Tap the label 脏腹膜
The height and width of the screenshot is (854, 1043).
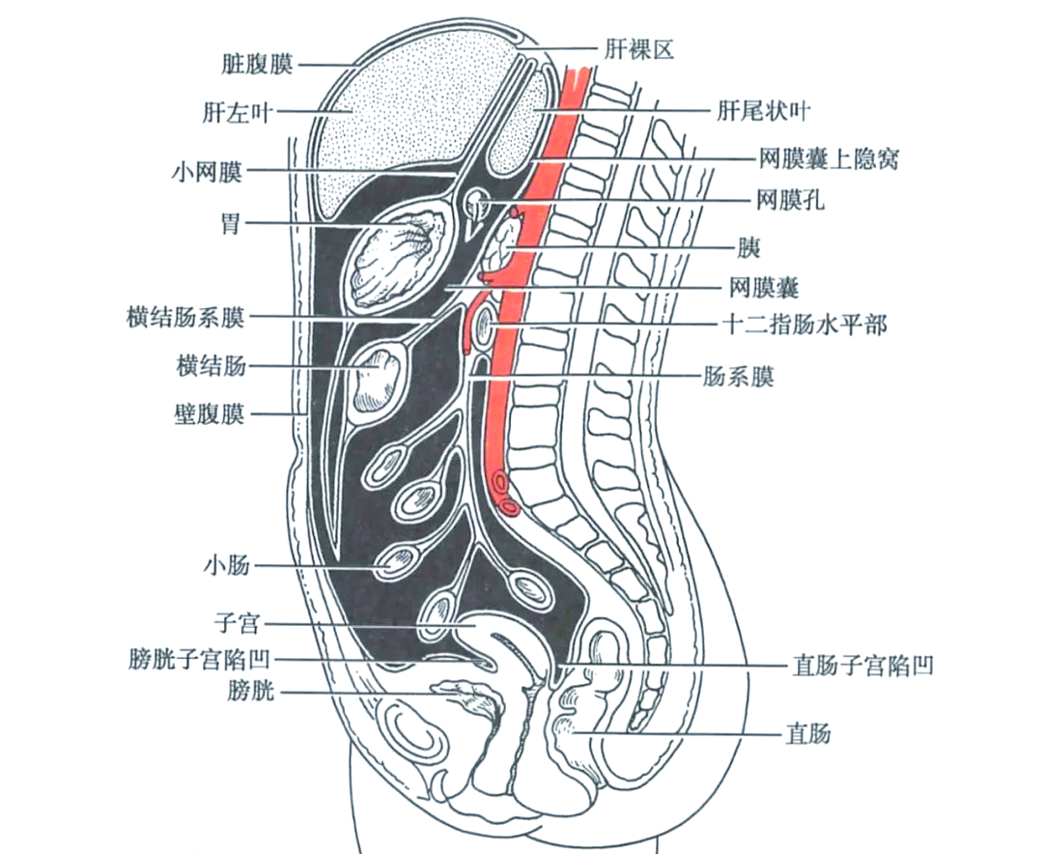tap(256, 65)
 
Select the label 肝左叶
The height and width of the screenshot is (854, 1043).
tap(240, 113)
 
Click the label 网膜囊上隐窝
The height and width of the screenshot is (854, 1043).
tap(829, 158)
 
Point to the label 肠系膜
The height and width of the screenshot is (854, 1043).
tap(738, 375)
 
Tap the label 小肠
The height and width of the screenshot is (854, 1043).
tap(226, 564)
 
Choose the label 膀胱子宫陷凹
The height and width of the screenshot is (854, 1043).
tap(199, 661)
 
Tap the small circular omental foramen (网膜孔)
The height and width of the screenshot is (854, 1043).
tap(476, 204)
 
